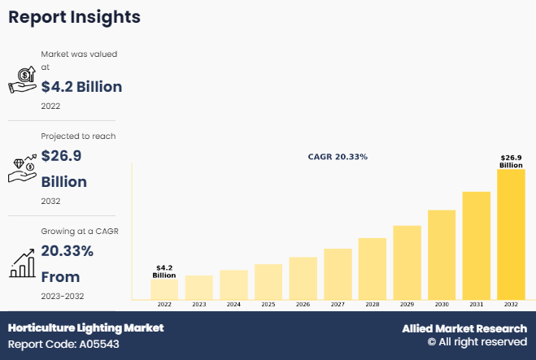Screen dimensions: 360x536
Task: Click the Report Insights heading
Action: [x=75, y=17]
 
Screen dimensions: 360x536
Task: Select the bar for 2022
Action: [x=164, y=289]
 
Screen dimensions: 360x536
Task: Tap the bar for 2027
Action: [x=338, y=274]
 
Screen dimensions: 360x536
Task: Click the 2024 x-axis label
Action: [x=233, y=305]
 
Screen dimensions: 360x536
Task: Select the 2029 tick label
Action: [x=407, y=305]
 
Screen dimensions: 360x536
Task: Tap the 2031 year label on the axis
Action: [x=476, y=305]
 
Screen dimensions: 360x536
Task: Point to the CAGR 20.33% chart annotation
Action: [x=338, y=156]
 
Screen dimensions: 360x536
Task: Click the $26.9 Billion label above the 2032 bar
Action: [x=511, y=161]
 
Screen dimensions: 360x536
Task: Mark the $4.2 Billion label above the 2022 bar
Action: [x=164, y=271]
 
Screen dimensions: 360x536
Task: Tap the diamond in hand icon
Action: [x=24, y=167]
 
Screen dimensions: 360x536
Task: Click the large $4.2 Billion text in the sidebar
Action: [x=81, y=86]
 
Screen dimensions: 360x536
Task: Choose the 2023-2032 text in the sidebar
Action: [x=62, y=296]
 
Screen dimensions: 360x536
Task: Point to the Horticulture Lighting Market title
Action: [x=86, y=327]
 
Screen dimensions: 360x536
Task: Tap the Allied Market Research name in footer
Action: [x=464, y=328]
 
